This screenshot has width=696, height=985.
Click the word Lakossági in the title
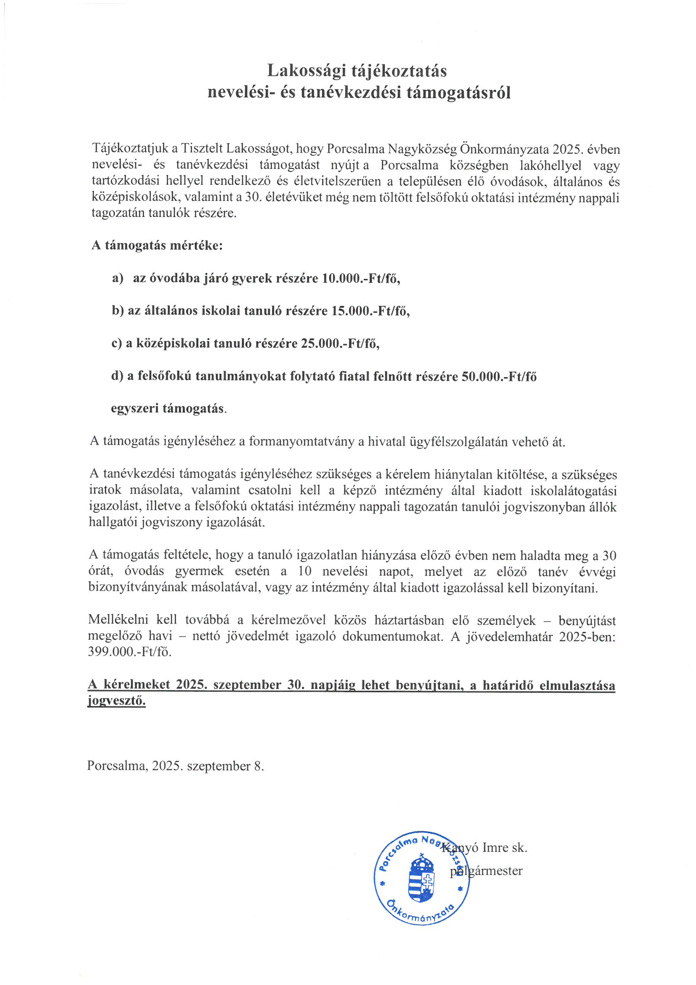306,71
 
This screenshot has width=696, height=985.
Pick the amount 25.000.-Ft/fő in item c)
340,343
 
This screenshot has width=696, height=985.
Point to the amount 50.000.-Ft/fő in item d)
499,376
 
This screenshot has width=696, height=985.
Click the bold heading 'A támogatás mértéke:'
157,246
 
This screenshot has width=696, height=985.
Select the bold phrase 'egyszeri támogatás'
168,408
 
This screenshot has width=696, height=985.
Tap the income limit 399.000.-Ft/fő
130,652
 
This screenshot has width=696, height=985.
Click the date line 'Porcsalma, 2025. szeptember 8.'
176,766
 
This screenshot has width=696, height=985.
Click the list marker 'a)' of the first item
117,278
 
